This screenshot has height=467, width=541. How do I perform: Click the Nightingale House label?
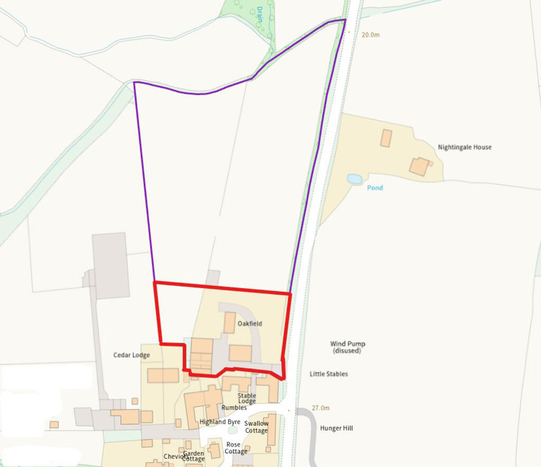(464, 147)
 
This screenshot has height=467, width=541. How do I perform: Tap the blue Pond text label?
(375, 188)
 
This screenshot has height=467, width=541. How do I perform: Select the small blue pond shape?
(355, 179)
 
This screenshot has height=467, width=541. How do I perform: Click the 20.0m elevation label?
(370, 35)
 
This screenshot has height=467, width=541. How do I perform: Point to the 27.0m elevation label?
(320, 408)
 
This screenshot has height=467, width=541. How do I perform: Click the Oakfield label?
(249, 323)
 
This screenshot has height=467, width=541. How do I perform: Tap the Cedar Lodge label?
(132, 355)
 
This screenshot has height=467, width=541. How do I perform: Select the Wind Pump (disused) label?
(348, 347)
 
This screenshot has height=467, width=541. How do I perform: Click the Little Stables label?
(329, 374)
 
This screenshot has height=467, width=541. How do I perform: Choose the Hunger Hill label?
(336, 428)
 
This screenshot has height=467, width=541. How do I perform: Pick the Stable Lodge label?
(247, 398)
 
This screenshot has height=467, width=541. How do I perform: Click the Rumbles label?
(234, 407)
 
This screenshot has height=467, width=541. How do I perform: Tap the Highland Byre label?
(220, 422)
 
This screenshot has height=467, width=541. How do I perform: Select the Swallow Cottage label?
(256, 427)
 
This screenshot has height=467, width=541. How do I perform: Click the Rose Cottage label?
(236, 448)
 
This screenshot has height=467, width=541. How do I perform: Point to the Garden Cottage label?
(193, 456)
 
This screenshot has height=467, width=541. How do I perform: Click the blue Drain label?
(259, 12)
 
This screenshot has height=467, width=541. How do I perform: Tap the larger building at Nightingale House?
(419, 167)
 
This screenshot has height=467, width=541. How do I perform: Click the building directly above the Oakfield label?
(229, 322)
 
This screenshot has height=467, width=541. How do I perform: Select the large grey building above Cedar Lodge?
(110, 265)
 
